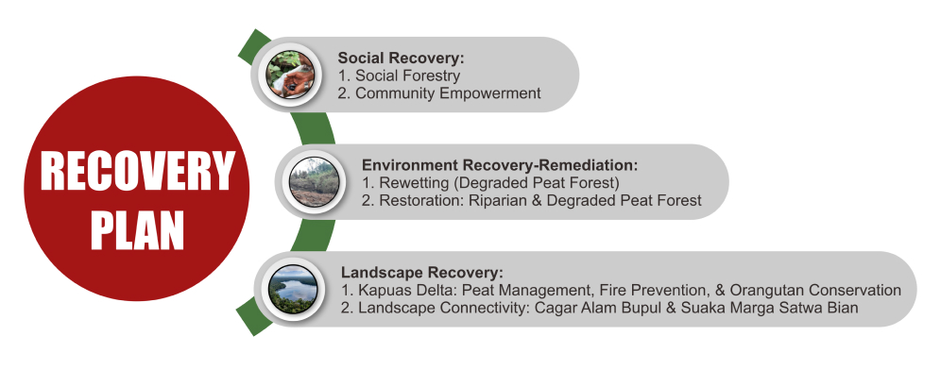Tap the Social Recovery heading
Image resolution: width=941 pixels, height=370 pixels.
click(x=402, y=59)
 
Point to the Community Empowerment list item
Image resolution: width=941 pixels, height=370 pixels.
click(x=439, y=92)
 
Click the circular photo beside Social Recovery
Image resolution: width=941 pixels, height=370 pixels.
click(x=290, y=75)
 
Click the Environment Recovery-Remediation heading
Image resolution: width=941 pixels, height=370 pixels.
click(x=500, y=165)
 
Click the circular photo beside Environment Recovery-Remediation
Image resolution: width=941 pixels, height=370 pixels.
click(x=315, y=182)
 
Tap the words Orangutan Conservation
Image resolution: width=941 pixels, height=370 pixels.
click(x=816, y=291)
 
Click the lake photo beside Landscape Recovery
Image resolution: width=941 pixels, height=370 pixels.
click(x=292, y=290)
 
